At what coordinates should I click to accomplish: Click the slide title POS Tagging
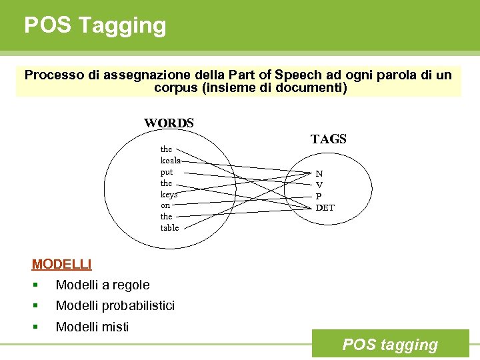95,25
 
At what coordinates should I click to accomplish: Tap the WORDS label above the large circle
169,123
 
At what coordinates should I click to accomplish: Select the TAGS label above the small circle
328,139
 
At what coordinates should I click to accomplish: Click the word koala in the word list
169,161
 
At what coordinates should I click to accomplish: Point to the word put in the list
166,172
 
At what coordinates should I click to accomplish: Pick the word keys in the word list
169,195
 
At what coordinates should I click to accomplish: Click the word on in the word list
165,206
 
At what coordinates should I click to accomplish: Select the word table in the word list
169,228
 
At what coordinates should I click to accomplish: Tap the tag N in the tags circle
319,173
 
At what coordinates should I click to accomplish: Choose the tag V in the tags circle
319,185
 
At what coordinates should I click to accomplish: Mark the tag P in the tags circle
319,196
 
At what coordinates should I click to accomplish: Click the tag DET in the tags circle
325,207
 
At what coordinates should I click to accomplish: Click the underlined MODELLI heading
61,264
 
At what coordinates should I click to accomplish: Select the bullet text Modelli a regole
103,285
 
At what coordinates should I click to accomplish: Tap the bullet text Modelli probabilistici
115,306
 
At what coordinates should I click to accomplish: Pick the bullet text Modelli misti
93,327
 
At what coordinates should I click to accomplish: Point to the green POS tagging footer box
390,344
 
